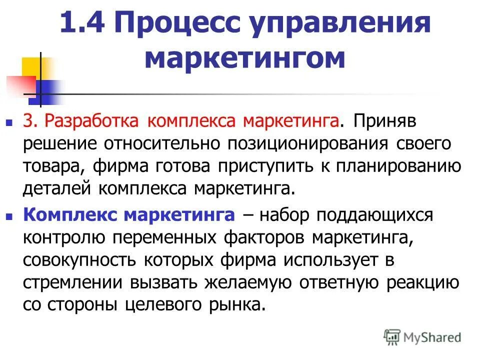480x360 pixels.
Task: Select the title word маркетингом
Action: (244, 58)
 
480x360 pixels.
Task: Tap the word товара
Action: (47, 166)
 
